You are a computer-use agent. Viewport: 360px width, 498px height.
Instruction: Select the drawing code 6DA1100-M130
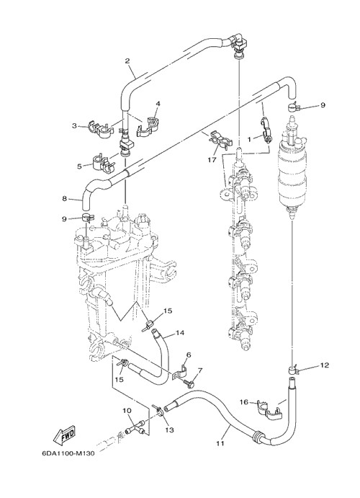coord(68,453)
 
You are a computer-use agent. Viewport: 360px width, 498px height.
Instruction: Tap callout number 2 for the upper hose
coord(127,61)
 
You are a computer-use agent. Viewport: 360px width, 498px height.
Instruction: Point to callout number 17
coord(212,160)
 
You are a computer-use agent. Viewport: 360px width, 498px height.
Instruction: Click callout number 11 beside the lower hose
coord(220,443)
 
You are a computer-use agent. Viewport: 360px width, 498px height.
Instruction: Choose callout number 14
coord(180,333)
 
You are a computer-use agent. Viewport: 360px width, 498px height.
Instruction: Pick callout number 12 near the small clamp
coord(325,365)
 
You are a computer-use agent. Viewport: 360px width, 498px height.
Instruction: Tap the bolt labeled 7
coord(189,383)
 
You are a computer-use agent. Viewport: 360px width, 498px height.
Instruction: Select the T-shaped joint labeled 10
coord(136,427)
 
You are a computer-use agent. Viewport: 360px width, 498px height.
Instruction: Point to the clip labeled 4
coord(148,125)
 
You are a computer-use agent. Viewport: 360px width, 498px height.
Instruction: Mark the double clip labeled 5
coord(103,161)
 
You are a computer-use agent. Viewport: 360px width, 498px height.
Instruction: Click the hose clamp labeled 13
coord(159,410)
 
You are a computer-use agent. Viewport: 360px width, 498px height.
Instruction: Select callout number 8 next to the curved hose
coord(64,199)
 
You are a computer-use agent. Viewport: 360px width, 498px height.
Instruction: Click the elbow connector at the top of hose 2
coord(238,45)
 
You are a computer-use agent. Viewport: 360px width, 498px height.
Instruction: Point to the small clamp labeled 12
coord(293,370)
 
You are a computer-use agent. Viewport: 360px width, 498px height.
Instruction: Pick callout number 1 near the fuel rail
coord(249,139)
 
